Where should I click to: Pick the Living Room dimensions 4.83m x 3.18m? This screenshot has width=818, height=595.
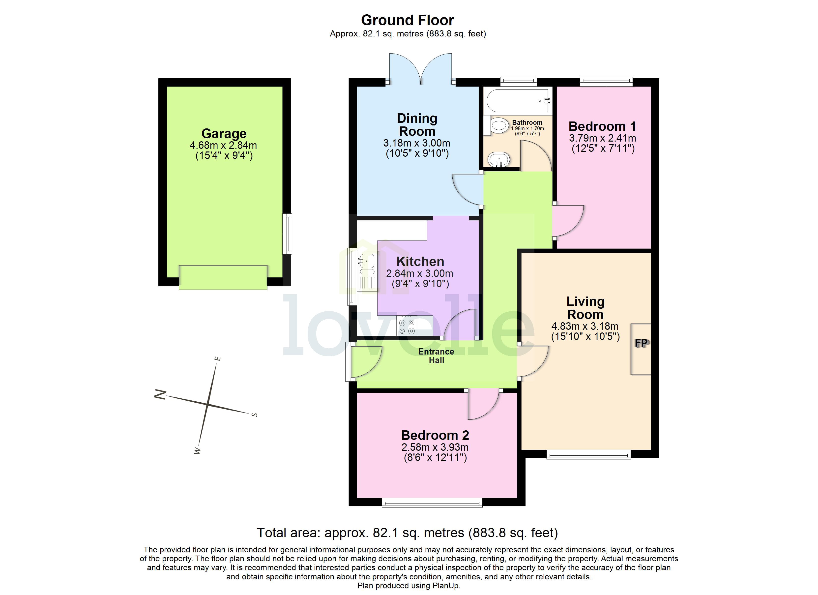tap(585, 327)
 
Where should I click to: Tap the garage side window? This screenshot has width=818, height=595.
tap(287, 234)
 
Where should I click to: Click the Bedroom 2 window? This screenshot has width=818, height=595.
tap(432, 503)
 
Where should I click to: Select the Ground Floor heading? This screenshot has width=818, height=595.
tap(408, 20)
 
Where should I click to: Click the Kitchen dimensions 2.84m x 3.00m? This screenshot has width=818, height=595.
tap(419, 273)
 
